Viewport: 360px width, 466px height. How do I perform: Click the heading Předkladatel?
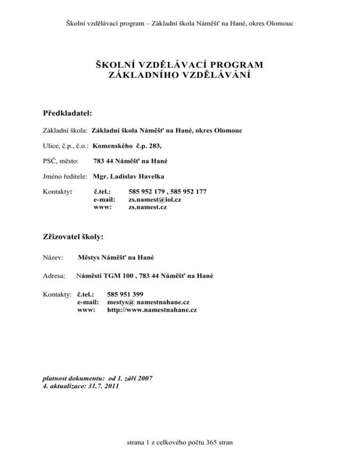click(67, 113)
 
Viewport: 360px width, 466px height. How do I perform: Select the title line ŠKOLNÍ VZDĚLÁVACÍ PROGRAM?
click(180, 64)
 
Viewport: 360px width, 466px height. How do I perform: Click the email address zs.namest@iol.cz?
click(155, 199)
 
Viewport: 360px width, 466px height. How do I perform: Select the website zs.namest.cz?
click(148, 207)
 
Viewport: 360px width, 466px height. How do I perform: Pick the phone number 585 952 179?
click(148, 192)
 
